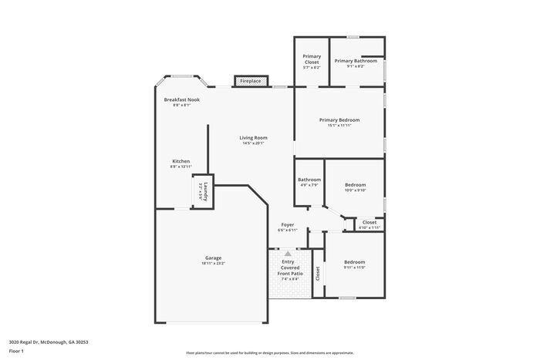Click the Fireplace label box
tap(251, 81)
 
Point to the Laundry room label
tap(202, 191)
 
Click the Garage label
tap(213, 260)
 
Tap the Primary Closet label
tap(312, 59)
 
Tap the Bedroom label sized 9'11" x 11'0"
tap(355, 264)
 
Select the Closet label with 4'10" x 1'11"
tap(370, 224)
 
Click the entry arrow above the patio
tap(288, 253)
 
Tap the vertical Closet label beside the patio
tap(317, 274)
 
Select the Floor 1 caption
tap(16, 351)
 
